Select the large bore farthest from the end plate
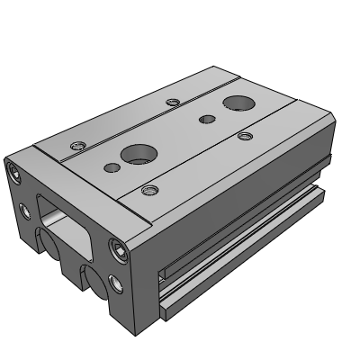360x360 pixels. tap(238, 103)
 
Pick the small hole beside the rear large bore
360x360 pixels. tap(207, 119)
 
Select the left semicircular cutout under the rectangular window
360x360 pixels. tap(45, 242)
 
